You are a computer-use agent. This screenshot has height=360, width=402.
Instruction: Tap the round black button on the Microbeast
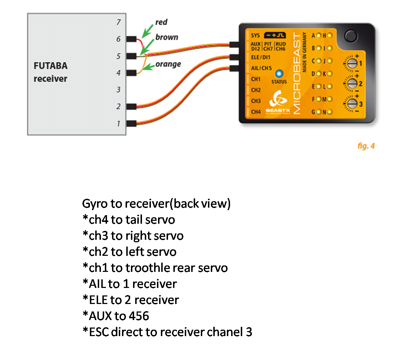coord(351,36)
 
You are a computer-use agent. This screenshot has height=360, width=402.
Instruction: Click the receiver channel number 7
coord(118,22)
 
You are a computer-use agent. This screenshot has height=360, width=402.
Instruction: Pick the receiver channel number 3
coord(118,90)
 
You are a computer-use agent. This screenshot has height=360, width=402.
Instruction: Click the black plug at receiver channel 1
coord(131,123)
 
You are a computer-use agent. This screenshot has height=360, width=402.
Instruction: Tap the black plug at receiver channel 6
coord(131,39)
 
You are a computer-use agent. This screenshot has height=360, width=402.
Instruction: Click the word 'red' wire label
coord(161,22)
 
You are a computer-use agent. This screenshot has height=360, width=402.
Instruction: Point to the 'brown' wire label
coord(167,37)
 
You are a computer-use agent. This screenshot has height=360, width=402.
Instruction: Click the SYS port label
coord(255,36)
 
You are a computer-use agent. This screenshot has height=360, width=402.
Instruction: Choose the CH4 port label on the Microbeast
coord(256,112)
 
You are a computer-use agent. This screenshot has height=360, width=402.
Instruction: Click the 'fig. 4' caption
coord(366,146)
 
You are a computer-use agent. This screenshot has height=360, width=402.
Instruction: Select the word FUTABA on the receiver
coord(50,66)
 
